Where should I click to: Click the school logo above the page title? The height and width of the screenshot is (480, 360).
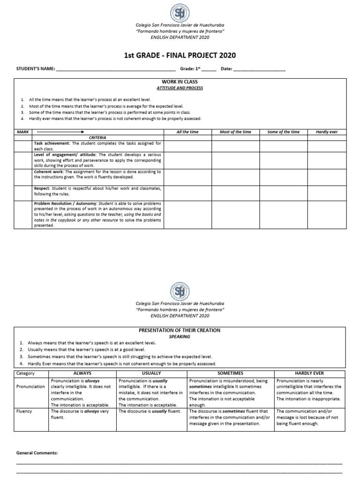tap(180, 14)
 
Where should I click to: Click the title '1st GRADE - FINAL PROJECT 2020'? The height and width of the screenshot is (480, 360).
tap(180, 56)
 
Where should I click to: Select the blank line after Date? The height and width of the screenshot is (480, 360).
tap(259, 70)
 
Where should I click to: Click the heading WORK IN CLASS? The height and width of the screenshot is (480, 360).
tap(180, 82)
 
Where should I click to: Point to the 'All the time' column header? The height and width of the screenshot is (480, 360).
tap(187, 132)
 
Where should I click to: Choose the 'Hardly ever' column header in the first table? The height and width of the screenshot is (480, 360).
tap(327, 132)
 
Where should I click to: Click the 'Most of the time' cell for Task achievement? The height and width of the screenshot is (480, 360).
tap(235, 145)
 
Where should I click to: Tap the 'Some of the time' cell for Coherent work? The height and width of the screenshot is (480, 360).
tap(283, 177)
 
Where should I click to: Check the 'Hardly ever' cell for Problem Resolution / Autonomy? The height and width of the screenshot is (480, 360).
tap(327, 214)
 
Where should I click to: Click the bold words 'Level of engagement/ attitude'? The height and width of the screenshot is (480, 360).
tap(63, 155)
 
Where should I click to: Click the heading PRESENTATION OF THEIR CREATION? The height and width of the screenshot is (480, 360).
tap(180, 330)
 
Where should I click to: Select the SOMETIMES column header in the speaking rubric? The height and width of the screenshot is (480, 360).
tap(230, 373)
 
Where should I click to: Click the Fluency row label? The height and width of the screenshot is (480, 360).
tap(24, 412)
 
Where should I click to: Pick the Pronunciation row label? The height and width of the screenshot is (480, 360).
tap(31, 387)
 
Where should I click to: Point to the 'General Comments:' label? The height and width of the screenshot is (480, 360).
tap(37, 453)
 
